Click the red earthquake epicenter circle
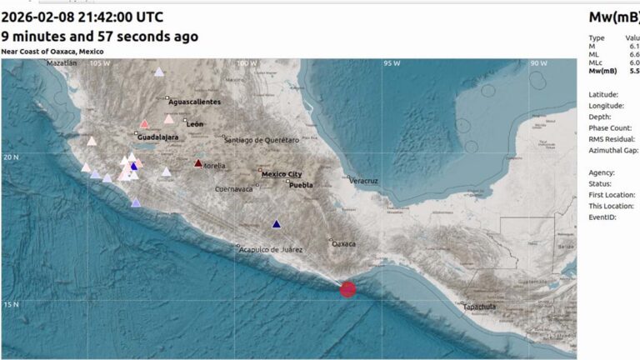[x=348, y=289]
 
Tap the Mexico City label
[x=282, y=174]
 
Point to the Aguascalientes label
[x=195, y=102]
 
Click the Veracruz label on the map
[x=363, y=181]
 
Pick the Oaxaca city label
[x=343, y=244]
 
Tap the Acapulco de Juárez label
[x=270, y=249]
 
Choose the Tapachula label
[x=480, y=307]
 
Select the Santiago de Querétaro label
[x=261, y=140]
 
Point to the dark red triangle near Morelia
[x=198, y=163]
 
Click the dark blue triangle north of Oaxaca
[x=277, y=223]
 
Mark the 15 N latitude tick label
[x=10, y=304]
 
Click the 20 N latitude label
[x=10, y=157]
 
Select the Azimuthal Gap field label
[x=612, y=150]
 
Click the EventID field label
[x=602, y=217]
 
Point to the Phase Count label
[x=612, y=128]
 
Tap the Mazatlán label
[x=61, y=63]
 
